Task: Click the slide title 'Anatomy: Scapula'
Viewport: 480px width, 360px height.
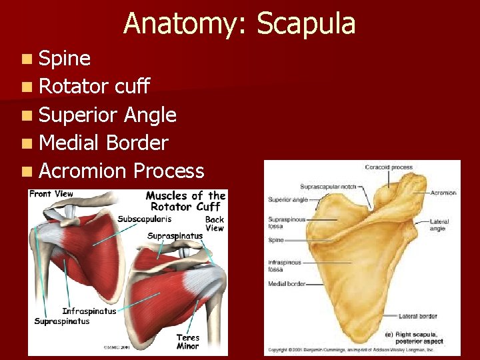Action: point(239,23)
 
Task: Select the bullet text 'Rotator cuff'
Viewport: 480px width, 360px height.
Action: point(95,86)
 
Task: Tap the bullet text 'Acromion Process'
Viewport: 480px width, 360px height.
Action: point(121,171)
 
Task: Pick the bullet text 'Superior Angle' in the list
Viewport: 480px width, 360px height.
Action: point(107,115)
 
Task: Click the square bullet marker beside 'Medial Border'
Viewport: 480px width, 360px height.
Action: point(25,143)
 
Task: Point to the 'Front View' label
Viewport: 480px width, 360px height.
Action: point(51,194)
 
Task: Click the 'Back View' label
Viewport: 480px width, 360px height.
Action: point(215,223)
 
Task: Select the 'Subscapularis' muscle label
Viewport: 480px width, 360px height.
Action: point(145,219)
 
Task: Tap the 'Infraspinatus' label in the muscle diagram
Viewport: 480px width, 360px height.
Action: point(89,311)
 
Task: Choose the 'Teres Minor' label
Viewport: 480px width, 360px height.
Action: point(187,341)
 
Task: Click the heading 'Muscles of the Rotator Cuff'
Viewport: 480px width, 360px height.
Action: point(186,201)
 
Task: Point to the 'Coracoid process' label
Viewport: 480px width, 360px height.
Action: point(389,167)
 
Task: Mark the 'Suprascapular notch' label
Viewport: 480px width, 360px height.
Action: point(329,186)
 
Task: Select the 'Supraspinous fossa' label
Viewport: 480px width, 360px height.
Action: point(287,222)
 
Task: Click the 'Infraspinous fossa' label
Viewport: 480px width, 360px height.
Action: point(285,266)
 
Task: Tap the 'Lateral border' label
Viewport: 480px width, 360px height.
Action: point(418,315)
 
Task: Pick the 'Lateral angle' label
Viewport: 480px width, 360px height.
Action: point(439,225)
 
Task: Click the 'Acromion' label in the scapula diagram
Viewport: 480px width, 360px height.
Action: point(443,193)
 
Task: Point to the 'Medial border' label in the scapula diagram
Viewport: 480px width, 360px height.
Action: point(287,284)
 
